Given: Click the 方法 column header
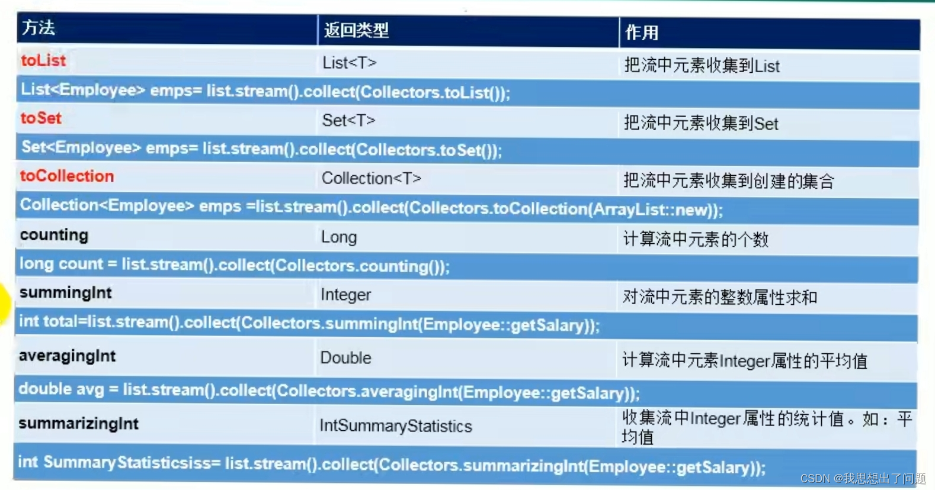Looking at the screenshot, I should point(39,28).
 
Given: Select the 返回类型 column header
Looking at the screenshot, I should point(356,30).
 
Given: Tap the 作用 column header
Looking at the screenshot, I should point(642,33).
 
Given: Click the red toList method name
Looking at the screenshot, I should point(43,60).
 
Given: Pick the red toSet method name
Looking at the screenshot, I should point(41,118).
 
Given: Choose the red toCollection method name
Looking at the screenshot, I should point(67,176).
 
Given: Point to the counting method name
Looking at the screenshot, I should point(54,235).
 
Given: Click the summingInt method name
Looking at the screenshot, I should point(65,293).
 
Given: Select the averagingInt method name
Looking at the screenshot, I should point(67,356).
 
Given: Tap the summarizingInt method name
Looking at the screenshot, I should point(78,424).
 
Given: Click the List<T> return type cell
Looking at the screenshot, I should point(349,63).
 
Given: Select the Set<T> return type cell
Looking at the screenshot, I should point(348,121).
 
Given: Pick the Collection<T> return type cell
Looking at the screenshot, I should point(371,178).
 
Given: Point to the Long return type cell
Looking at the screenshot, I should point(339,237).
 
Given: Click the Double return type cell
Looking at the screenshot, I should point(345,358).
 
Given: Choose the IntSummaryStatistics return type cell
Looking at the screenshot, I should point(395,426).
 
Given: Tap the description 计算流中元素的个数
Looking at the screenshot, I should point(696,239).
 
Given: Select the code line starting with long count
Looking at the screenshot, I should point(234,265).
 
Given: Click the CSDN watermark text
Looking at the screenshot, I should point(863,478).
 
